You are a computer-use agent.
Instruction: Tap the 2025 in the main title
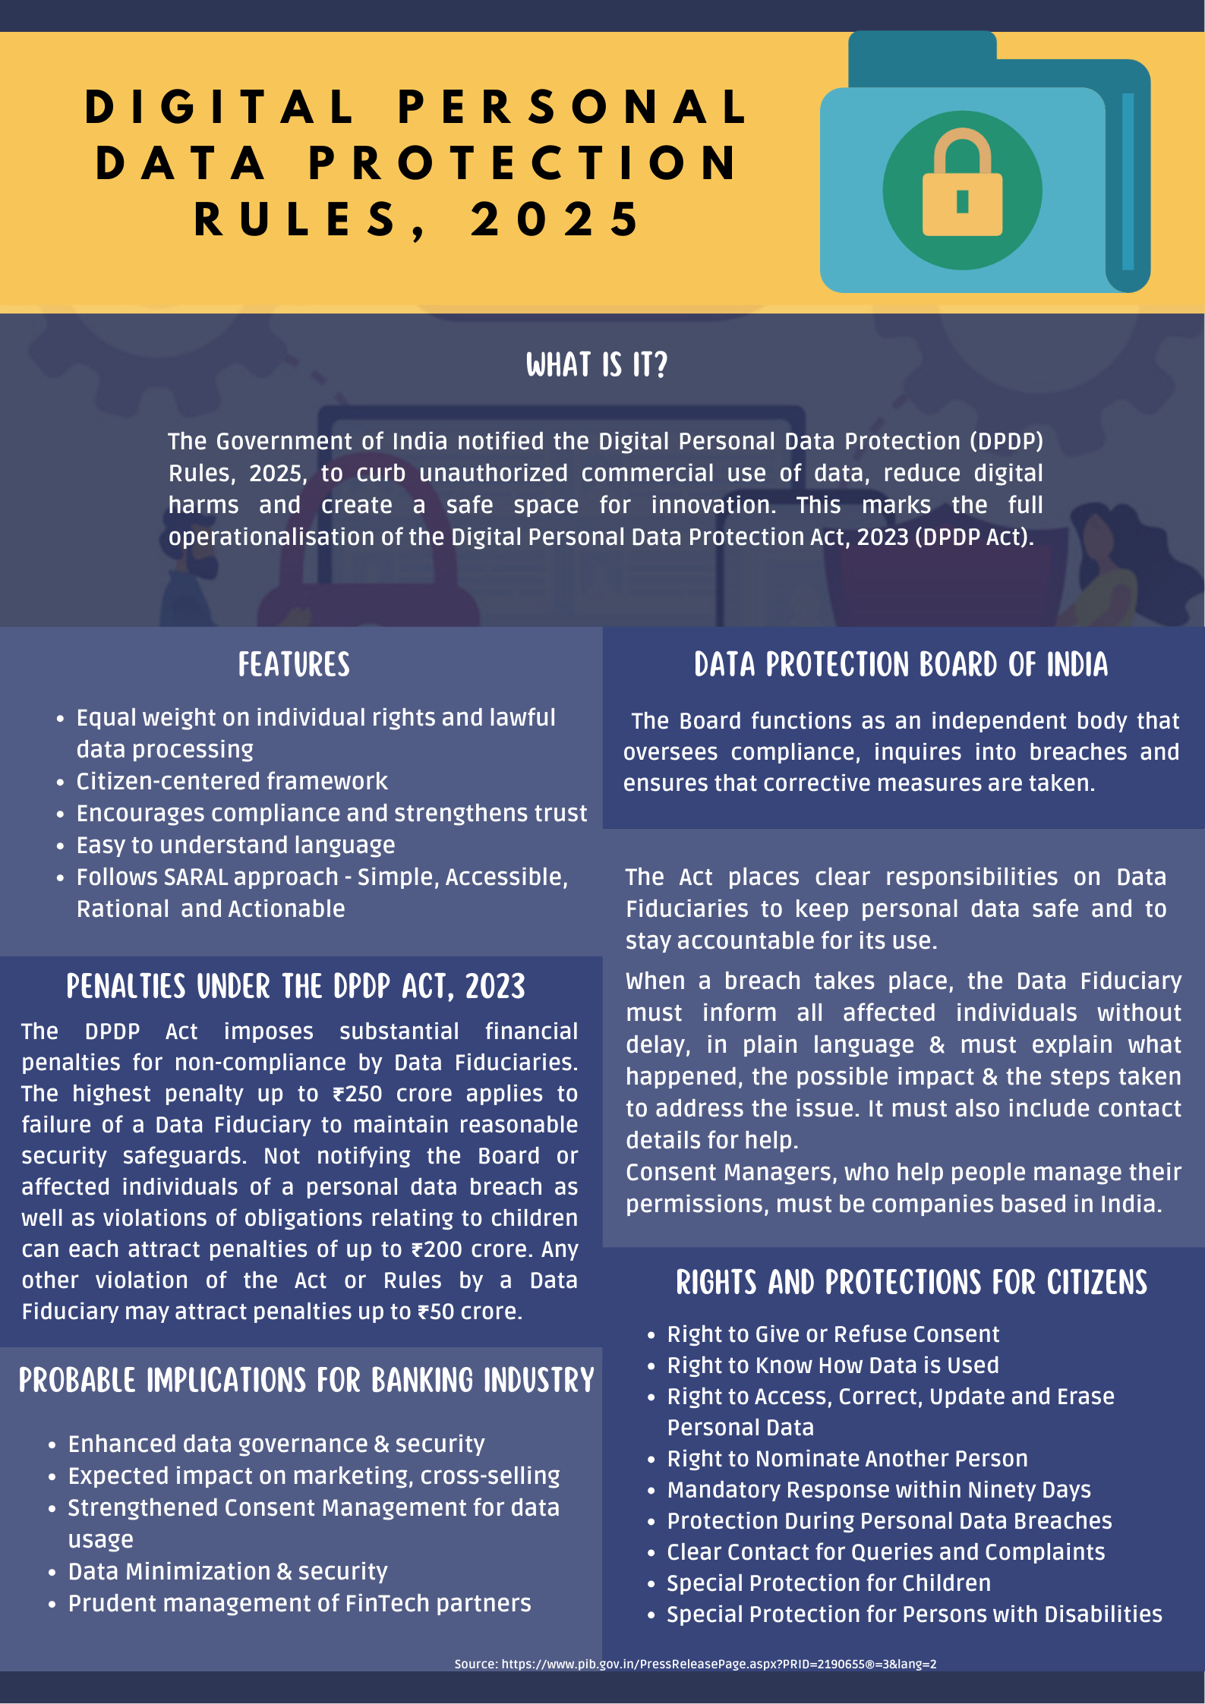tap(556, 220)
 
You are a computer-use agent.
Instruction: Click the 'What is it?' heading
tap(597, 365)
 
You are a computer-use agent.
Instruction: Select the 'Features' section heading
tap(294, 665)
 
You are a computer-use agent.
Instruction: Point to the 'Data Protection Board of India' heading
tap(901, 665)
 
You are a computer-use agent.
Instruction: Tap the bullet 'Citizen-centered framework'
tap(232, 782)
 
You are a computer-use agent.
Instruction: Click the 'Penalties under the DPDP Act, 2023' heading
tap(295, 987)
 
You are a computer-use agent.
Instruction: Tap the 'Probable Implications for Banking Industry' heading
tap(306, 1381)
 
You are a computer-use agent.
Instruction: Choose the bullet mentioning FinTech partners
tap(299, 1603)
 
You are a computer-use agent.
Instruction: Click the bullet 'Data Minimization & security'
tap(228, 1571)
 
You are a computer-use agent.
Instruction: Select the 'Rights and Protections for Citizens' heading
tap(911, 1283)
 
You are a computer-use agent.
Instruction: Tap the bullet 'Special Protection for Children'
tap(828, 1583)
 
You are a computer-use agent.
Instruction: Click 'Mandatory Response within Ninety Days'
tap(879, 1490)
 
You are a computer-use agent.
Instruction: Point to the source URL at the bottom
tap(695, 1664)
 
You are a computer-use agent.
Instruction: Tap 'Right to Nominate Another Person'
tap(847, 1459)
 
